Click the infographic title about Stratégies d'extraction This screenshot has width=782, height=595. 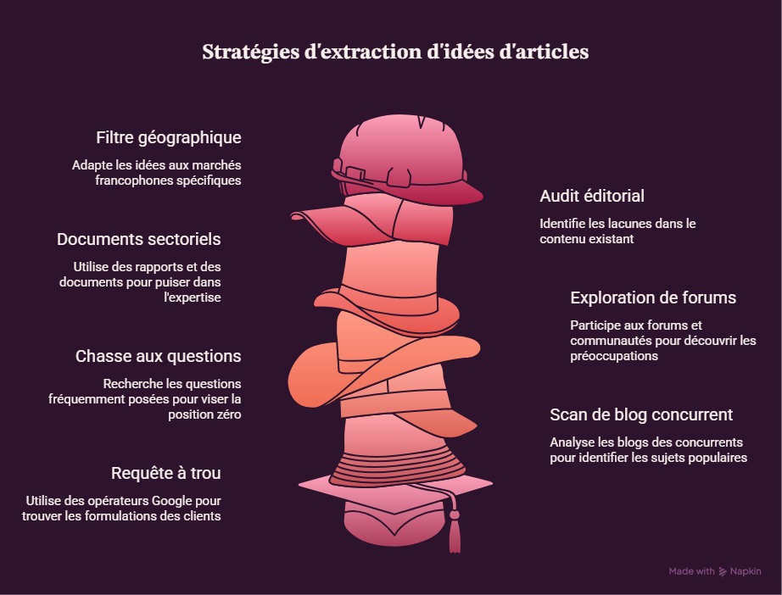pos(395,53)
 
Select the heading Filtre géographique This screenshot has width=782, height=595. pos(169,138)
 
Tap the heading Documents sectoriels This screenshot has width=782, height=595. pos(138,239)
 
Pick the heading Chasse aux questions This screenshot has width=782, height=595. pos(158,356)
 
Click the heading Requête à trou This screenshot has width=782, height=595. pos(166,474)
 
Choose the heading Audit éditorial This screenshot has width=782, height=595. pos(592,196)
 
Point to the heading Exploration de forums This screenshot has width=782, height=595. pos(653,297)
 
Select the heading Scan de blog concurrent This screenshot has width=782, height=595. pos(641,414)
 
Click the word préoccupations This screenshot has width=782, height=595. pos(614,356)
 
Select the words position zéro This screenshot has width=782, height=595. pos(204,414)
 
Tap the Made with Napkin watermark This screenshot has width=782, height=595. pos(715,571)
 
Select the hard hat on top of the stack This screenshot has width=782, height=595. pos(406,158)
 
